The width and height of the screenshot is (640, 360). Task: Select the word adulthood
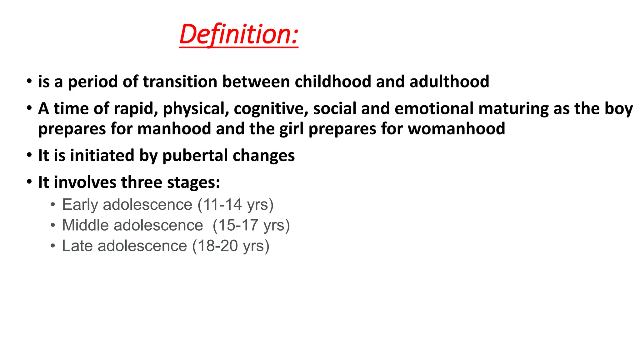click(449, 82)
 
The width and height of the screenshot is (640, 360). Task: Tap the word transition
click(180, 82)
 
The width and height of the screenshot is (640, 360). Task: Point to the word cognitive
click(271, 109)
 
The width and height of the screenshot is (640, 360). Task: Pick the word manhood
click(174, 129)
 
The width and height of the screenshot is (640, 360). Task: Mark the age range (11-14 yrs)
click(235, 205)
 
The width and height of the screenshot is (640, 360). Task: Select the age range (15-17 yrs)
click(251, 226)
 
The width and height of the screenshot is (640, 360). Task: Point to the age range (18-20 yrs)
click(231, 246)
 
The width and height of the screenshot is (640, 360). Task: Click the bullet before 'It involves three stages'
click(29, 182)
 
